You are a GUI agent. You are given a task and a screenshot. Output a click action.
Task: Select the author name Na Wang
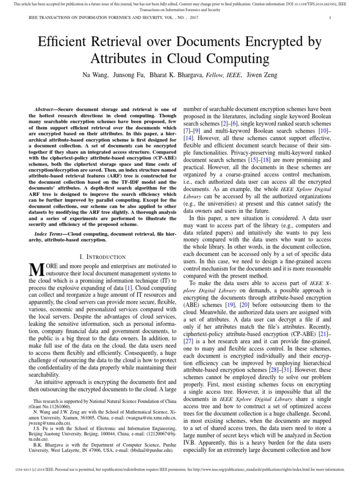coord(96,75)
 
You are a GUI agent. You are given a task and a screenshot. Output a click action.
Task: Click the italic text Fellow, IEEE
coord(224,75)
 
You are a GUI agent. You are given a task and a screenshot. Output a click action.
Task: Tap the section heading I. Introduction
coord(102,256)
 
